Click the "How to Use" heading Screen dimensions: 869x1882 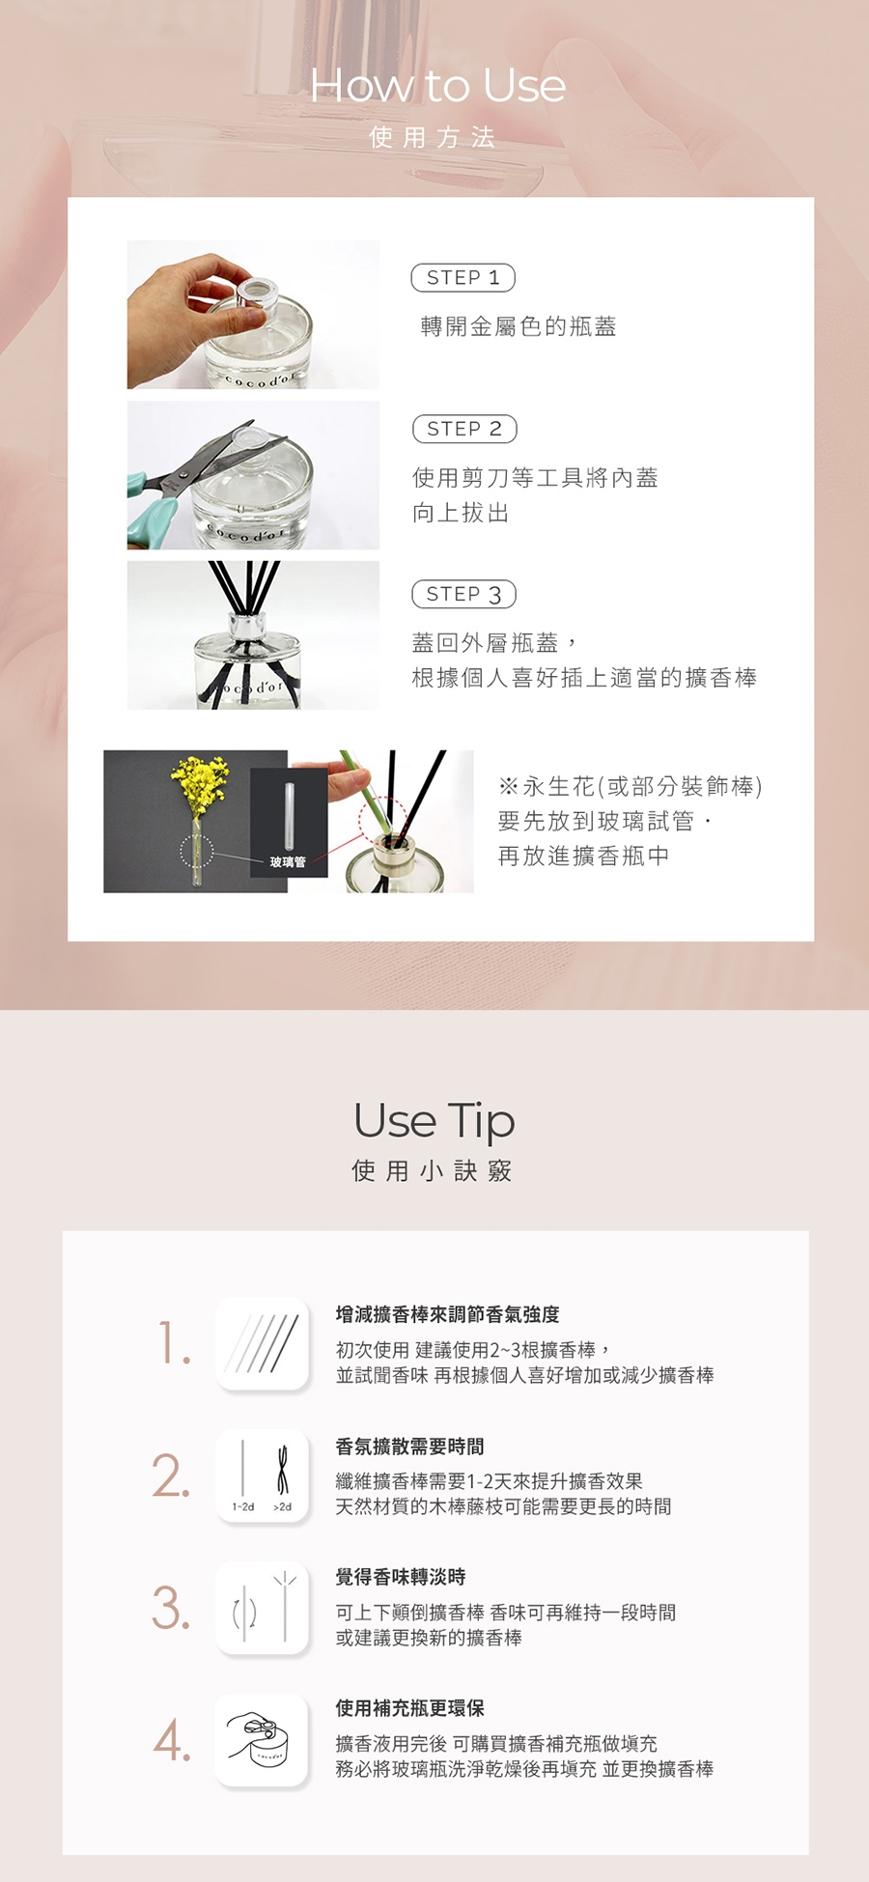437,85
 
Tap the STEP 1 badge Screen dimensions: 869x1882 463,278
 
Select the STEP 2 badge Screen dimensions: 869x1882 464,429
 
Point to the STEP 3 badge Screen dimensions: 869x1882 464,594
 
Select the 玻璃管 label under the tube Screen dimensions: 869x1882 288,862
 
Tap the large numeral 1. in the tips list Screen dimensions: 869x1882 174,1344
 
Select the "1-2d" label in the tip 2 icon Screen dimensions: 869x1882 242,1506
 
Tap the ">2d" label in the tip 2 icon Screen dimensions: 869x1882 282,1506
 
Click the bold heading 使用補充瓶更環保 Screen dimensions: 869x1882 409,1708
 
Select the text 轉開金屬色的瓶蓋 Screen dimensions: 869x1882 519,326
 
